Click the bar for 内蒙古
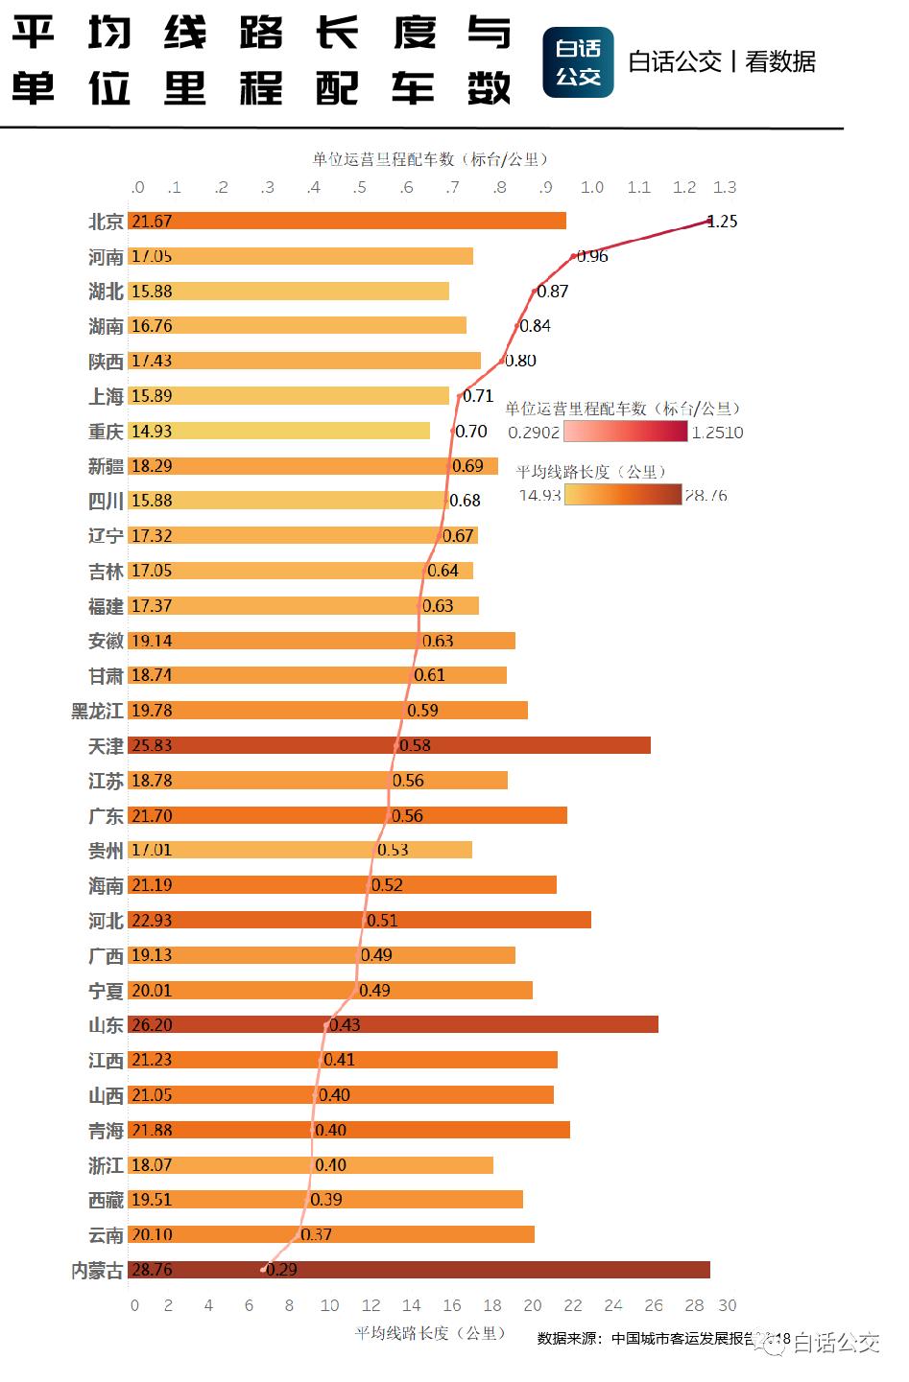click(419, 1270)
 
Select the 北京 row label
click(106, 222)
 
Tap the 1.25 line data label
click(723, 222)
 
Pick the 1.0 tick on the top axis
click(592, 187)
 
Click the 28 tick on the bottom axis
click(694, 1305)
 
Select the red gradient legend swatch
click(626, 432)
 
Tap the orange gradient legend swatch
click(623, 495)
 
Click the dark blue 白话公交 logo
click(578, 62)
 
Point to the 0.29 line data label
click(281, 1270)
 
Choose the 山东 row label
click(106, 1025)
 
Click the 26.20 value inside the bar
click(152, 1025)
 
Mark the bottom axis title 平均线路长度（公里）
click(429, 1332)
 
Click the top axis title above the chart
click(429, 159)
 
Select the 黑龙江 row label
click(97, 711)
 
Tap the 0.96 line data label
click(593, 256)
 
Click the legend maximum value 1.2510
click(717, 433)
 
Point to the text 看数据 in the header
click(780, 61)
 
